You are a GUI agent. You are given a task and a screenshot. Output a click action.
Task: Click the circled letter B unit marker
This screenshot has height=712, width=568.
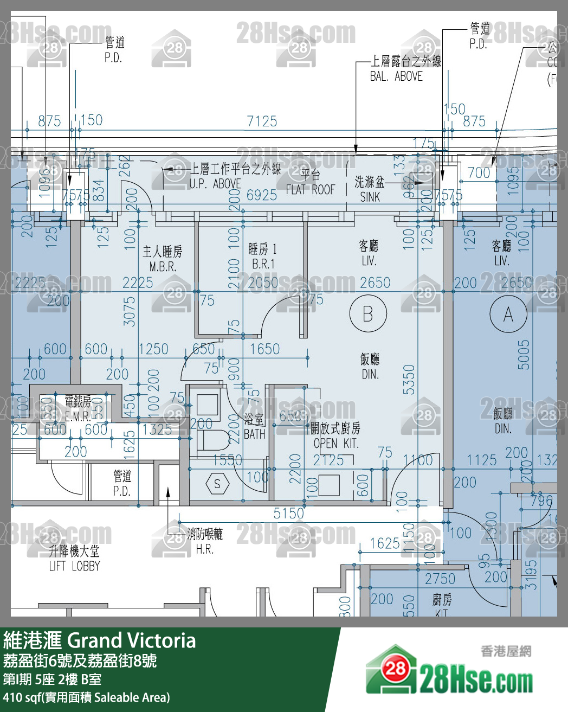coord(368,313)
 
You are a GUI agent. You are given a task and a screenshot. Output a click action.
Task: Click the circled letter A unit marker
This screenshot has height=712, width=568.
coord(508,314)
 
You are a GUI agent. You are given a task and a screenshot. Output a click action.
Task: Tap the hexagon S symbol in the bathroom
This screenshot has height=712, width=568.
coord(217,484)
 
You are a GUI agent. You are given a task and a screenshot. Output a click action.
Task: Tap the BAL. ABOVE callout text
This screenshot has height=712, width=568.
coord(396,76)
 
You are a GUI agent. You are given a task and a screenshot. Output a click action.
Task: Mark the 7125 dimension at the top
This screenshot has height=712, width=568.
coord(262,121)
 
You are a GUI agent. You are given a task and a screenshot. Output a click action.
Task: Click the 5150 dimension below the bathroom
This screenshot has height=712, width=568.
coord(288,513)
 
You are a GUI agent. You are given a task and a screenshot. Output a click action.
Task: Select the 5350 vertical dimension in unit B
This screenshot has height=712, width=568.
coord(409,379)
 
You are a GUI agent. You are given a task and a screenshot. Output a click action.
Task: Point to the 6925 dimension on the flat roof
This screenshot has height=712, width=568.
coord(261,195)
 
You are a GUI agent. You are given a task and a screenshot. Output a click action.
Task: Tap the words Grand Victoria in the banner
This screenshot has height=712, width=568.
coord(132,641)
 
